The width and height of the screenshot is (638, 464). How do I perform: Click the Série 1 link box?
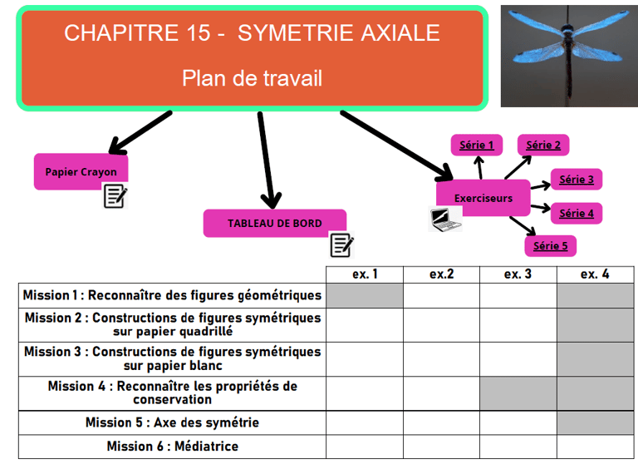tap(477, 146)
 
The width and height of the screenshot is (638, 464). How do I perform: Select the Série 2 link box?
tap(543, 146)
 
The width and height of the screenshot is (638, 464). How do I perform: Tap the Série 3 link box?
tap(577, 180)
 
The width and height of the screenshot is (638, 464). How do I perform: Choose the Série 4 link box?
tap(577, 214)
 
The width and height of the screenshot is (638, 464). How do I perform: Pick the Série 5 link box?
tap(550, 246)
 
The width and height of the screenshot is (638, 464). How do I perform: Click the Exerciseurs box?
tap(483, 198)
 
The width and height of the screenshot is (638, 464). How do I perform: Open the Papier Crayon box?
tap(81, 172)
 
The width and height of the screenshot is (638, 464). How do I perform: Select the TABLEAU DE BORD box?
tap(274, 223)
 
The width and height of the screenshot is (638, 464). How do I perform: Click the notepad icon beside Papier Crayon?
tap(115, 196)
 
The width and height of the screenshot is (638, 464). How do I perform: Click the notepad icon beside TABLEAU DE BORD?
tap(341, 244)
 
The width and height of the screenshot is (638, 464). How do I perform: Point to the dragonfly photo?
tap(568, 56)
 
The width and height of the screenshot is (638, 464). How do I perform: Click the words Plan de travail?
tap(252, 78)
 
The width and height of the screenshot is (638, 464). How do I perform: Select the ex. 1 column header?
tap(365, 274)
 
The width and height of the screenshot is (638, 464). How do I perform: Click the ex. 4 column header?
tap(594, 274)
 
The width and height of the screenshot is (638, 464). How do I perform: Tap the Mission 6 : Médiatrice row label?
tap(172, 447)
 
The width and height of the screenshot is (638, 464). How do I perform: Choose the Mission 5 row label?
tap(172, 422)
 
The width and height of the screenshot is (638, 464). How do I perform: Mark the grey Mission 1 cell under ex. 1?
tap(365, 295)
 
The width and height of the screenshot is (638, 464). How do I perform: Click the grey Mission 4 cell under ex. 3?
tap(518, 393)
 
